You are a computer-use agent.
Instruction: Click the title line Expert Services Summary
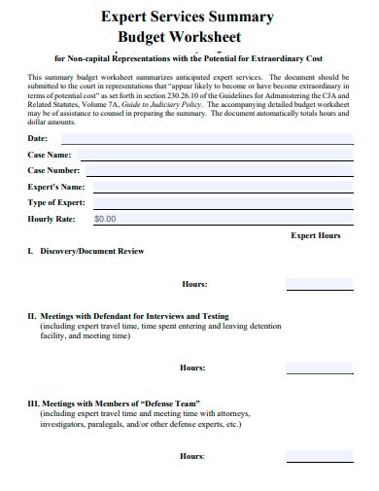pos(189,16)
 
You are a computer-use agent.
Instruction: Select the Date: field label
pos(38,139)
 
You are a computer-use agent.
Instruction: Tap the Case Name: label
pos(50,155)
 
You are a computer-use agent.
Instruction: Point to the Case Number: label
pos(54,170)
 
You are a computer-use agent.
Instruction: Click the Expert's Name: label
pos(56,187)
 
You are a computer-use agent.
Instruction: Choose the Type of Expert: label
pos(56,202)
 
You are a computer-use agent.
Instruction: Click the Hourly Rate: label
pos(52,219)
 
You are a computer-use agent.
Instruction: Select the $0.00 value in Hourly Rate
pos(105,219)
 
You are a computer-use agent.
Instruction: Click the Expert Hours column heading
pos(316,235)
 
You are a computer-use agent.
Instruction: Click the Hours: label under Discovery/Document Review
pos(194,284)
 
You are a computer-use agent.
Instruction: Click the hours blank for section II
pos(318,368)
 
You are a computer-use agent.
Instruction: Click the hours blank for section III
pos(318,456)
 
